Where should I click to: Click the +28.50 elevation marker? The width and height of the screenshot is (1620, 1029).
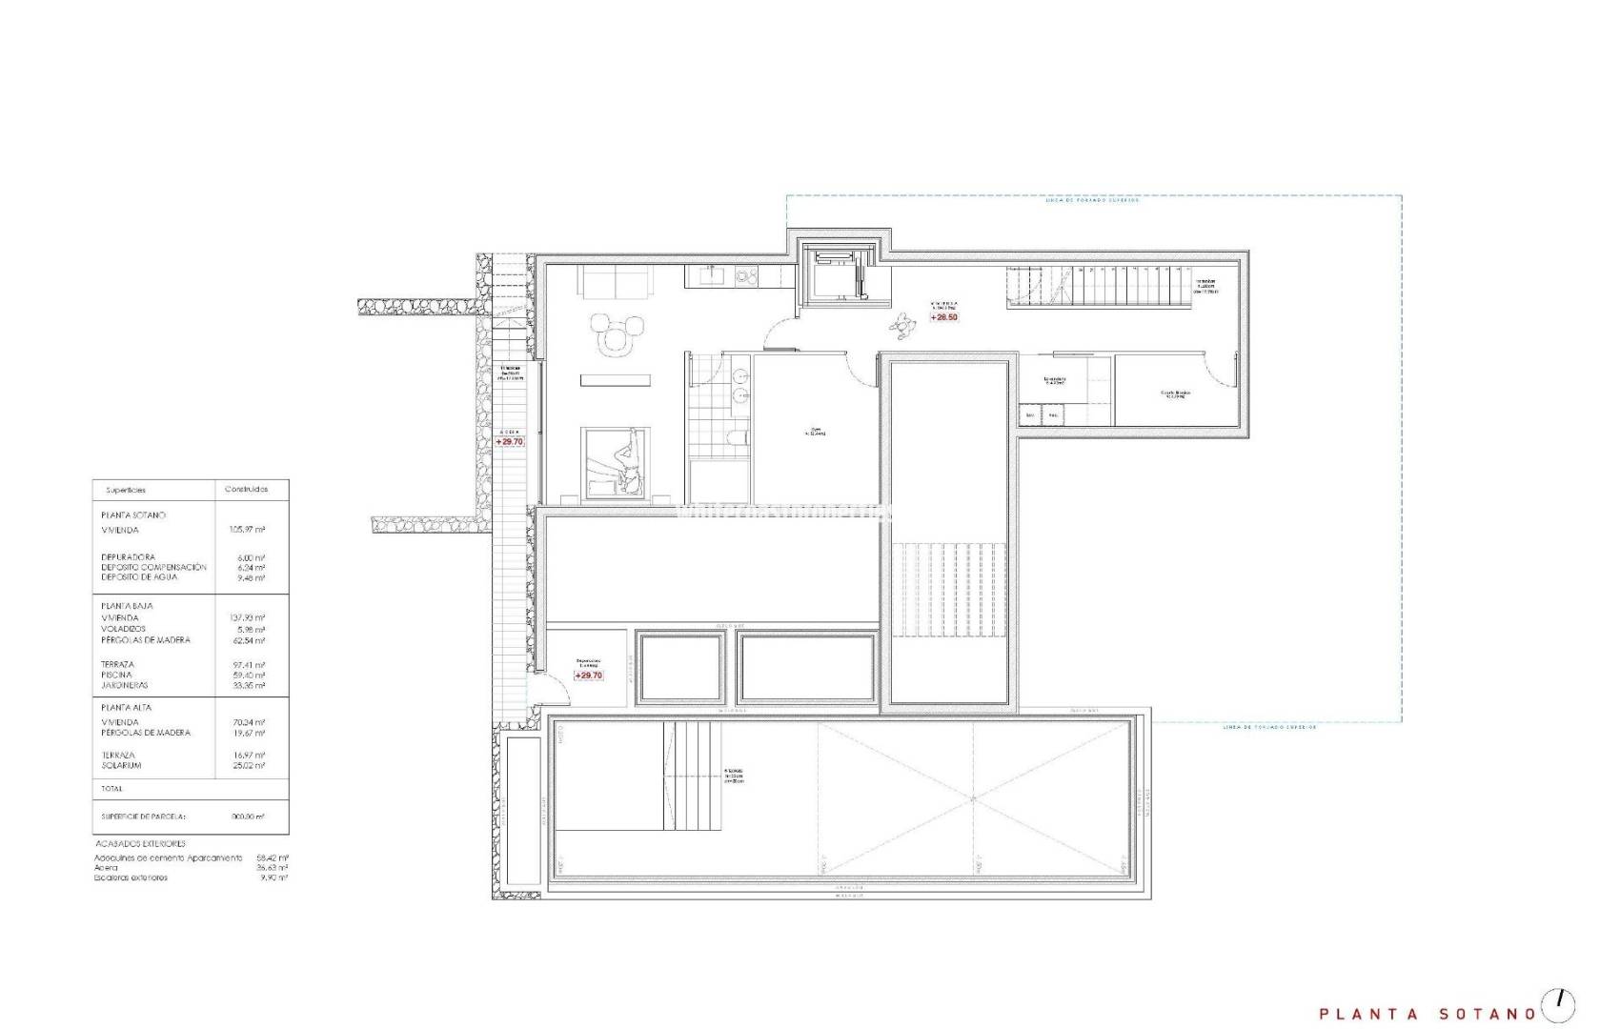tap(944, 317)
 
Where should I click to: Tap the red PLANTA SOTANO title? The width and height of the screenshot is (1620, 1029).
tap(1427, 1014)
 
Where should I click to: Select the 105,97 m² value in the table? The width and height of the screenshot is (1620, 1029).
tap(247, 530)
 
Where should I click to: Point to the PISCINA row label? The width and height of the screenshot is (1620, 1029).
tap(116, 675)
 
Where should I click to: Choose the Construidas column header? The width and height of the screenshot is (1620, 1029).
tap(246, 489)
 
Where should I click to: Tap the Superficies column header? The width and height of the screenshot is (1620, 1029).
tap(126, 490)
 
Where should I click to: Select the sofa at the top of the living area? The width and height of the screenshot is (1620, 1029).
tap(615, 282)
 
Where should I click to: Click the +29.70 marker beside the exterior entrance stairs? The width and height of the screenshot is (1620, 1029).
tap(510, 442)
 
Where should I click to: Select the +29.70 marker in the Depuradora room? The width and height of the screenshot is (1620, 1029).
tap(589, 676)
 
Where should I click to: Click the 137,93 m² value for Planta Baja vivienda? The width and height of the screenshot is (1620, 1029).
tap(247, 618)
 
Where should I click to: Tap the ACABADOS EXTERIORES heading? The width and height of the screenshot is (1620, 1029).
tap(140, 843)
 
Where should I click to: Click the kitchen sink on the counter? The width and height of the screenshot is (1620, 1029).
tap(711, 277)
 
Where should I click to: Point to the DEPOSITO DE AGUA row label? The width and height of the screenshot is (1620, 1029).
tap(139, 576)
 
